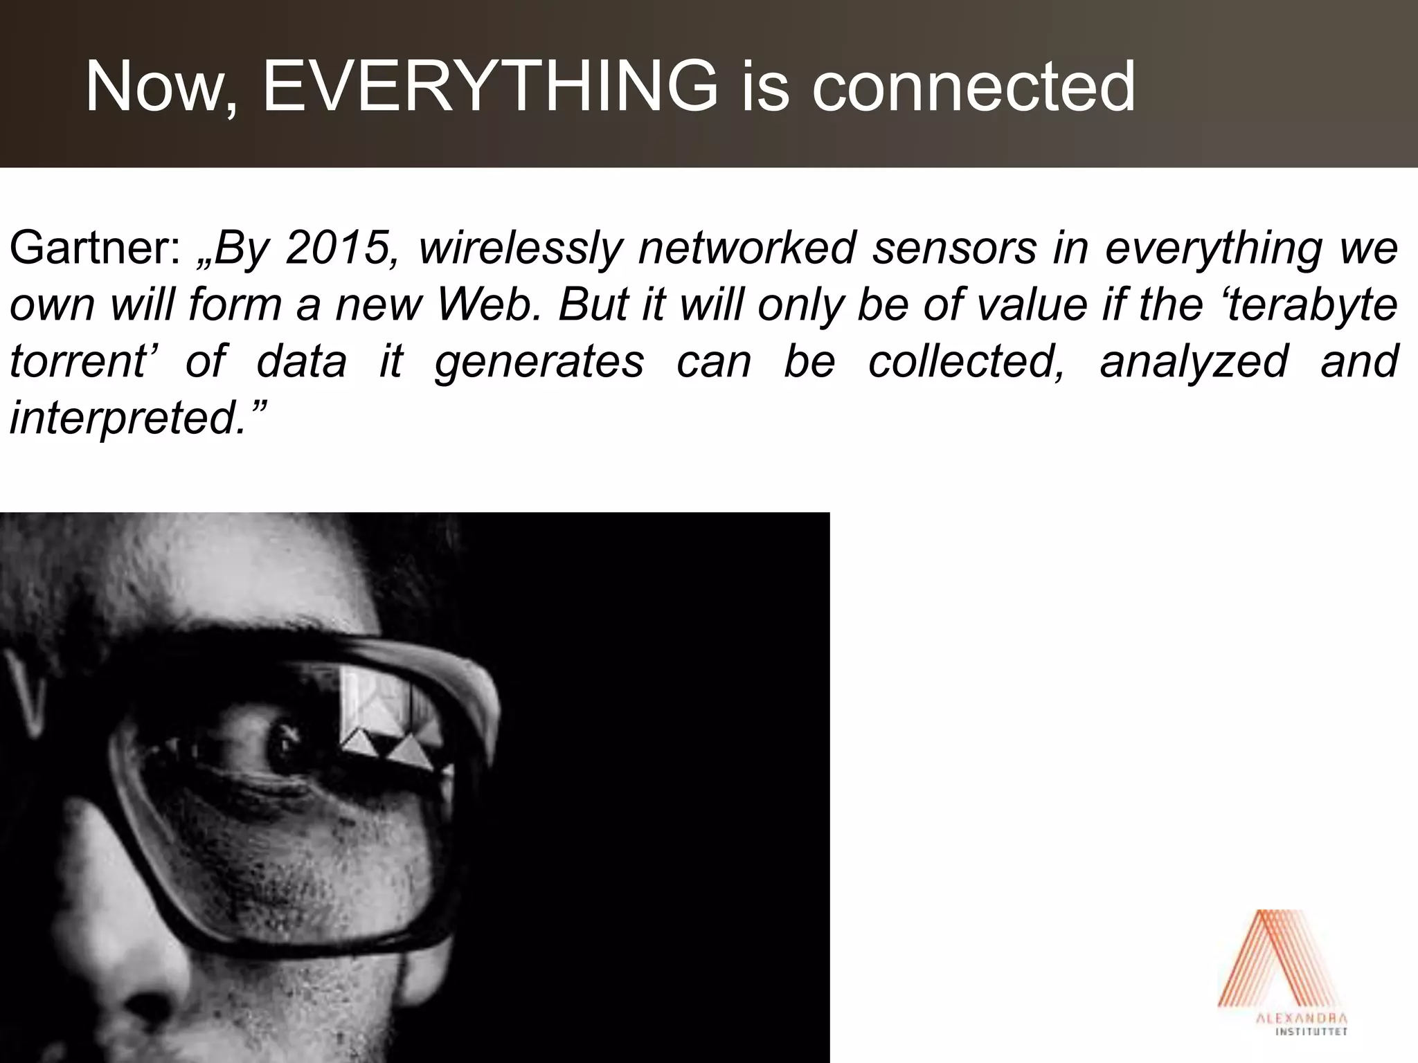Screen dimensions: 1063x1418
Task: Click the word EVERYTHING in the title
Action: [490, 87]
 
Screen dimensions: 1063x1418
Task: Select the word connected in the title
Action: [972, 87]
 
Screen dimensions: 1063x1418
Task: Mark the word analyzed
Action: [1194, 361]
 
